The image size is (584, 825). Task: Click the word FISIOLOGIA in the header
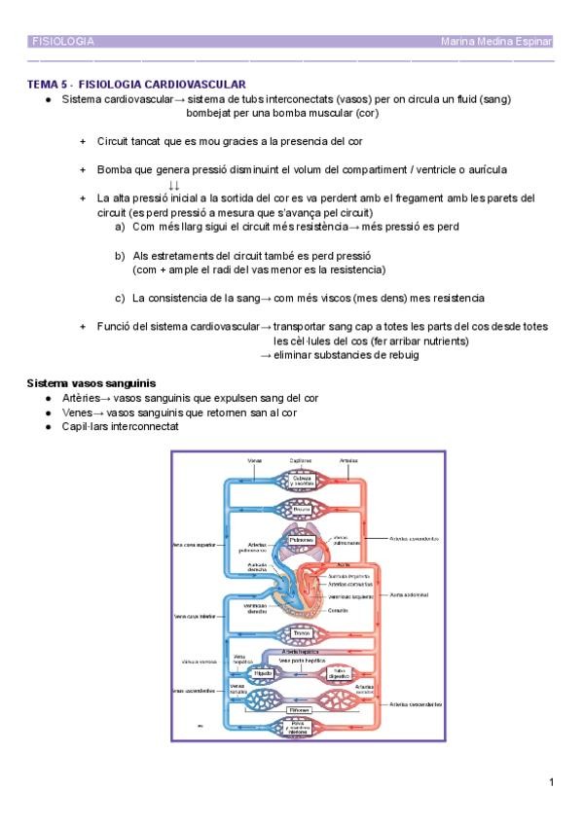click(x=63, y=42)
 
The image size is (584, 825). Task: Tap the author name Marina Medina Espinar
click(x=496, y=42)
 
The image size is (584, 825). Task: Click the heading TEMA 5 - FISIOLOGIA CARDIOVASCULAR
click(x=135, y=85)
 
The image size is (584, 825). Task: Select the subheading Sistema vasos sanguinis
click(x=91, y=383)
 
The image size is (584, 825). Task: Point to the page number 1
click(x=551, y=782)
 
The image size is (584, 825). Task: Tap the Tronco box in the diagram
click(x=302, y=633)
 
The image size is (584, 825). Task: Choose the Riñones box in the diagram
click(x=300, y=711)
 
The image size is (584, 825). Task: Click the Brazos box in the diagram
click(x=301, y=509)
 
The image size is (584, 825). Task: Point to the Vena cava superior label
click(x=193, y=545)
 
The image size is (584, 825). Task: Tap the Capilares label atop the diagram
click(x=301, y=460)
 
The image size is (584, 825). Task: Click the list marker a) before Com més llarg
click(x=120, y=227)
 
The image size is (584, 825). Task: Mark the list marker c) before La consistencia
click(x=120, y=298)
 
